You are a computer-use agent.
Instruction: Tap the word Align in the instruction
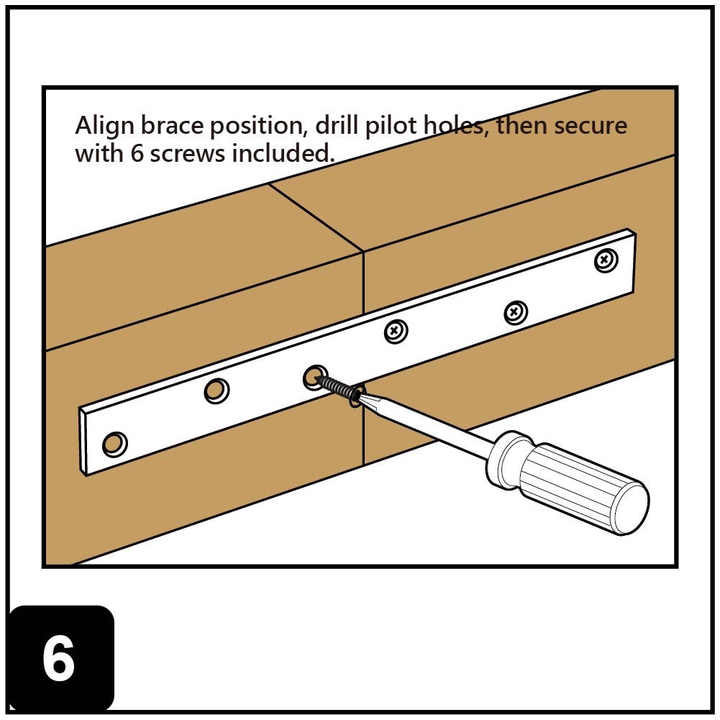click(104, 127)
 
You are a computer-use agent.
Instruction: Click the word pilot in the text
click(393, 127)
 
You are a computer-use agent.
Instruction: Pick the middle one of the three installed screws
click(515, 312)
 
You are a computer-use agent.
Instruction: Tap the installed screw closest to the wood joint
click(395, 331)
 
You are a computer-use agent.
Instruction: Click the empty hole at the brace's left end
click(114, 444)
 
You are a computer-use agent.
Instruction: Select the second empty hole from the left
click(215, 391)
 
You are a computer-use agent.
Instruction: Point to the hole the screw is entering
click(313, 375)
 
